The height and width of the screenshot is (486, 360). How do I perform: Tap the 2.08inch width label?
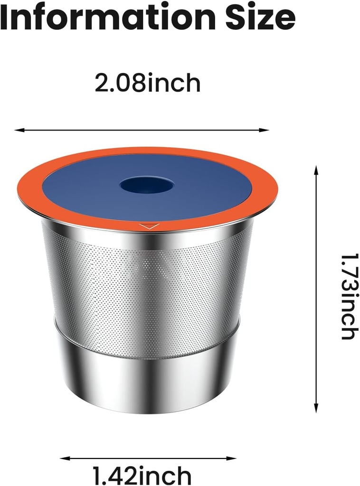[x=148, y=84]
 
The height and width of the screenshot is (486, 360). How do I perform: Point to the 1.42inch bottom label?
[x=142, y=475]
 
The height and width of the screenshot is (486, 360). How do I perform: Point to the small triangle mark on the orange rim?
[x=149, y=226]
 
